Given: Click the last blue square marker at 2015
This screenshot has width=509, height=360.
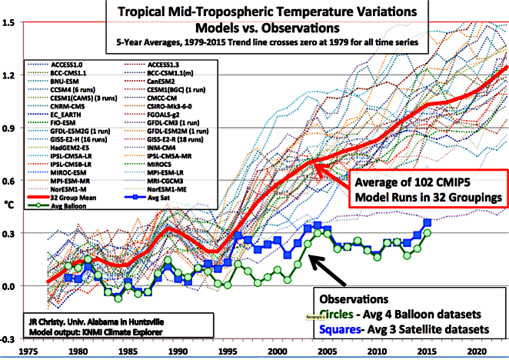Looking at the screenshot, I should pyautogui.click(x=427, y=222).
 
